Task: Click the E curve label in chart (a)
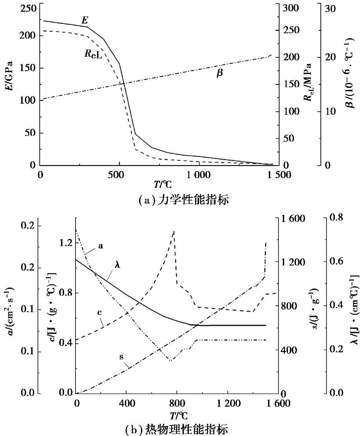85,20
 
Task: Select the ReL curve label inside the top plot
93,53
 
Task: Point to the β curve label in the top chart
219,73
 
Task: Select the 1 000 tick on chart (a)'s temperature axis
199,175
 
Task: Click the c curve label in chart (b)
100,313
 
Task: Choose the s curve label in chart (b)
121,357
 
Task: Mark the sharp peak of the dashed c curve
174,231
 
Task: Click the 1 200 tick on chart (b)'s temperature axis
228,403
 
